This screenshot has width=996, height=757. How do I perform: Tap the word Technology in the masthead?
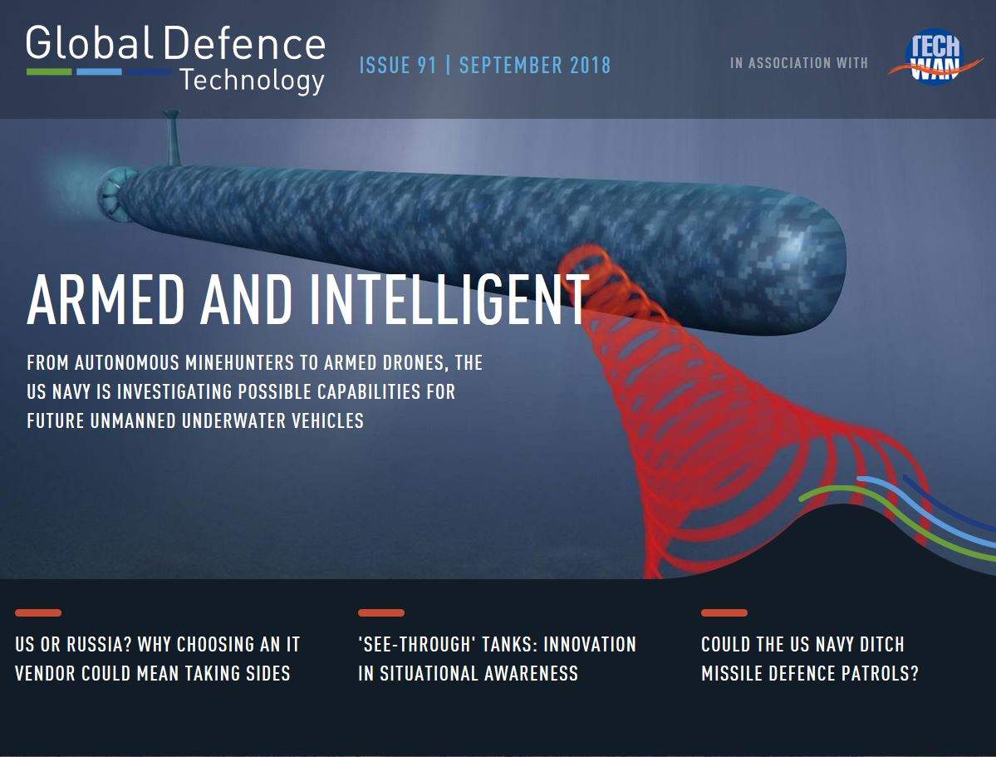[253, 81]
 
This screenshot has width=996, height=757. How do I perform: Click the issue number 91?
[427, 65]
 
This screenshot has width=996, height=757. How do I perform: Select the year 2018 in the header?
[590, 65]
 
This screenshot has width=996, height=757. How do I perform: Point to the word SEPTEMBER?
[511, 65]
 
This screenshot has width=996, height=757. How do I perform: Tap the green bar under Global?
[49, 71]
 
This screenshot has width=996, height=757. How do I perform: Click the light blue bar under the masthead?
[99, 71]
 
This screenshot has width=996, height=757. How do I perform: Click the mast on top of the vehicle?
[172, 138]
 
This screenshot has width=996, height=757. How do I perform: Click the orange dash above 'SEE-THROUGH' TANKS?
[381, 612]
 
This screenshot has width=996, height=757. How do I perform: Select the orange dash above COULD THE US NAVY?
[724, 612]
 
